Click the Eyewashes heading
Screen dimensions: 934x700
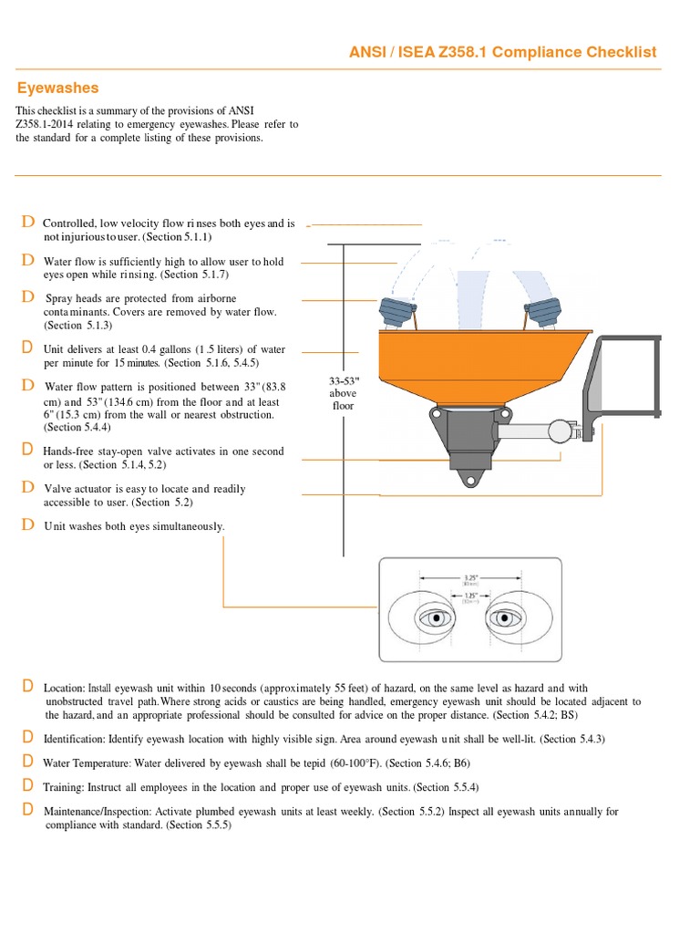tap(58, 88)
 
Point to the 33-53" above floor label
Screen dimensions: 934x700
tap(343, 393)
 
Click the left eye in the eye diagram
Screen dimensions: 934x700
tap(437, 618)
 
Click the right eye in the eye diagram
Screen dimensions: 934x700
tap(504, 619)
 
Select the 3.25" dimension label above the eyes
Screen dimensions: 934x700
tap(471, 577)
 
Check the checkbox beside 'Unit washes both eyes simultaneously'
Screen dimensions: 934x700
tap(28, 524)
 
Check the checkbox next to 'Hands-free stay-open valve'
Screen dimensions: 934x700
tap(28, 449)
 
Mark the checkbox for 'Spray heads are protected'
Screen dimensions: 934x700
tap(28, 296)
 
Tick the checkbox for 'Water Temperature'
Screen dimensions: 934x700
tap(28, 761)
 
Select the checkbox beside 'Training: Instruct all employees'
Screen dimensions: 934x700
tap(28, 784)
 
